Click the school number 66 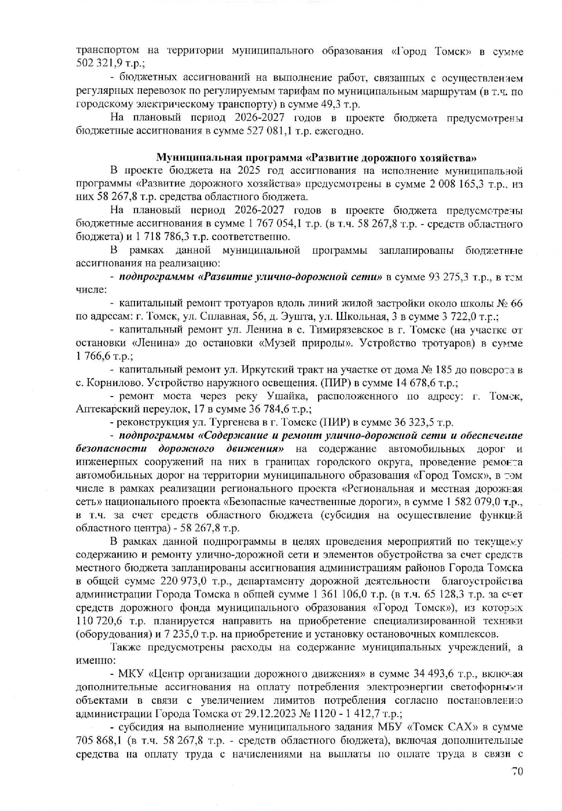point(516,304)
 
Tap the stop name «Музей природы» point(307,343)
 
